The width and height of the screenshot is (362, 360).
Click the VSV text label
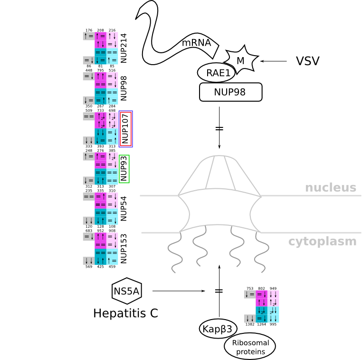tap(307, 61)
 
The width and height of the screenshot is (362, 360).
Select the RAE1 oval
tap(213, 73)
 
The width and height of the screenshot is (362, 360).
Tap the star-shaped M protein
tap(241, 60)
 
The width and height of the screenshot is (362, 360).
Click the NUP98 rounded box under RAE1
tap(230, 92)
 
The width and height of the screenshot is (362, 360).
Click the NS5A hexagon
tap(126, 291)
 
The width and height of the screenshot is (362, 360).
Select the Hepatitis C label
tap(125, 313)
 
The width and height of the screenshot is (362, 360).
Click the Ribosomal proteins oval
tap(249, 347)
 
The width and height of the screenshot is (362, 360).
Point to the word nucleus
tap(331, 187)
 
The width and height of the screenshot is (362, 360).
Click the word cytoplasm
tap(322, 241)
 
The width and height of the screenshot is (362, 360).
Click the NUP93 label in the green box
tap(124, 169)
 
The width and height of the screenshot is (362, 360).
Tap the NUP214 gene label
tap(124, 48)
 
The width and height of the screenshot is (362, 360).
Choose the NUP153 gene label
tap(124, 248)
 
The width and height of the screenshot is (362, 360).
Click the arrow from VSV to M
tap(274, 61)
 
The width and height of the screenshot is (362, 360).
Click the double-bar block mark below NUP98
tap(219, 128)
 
